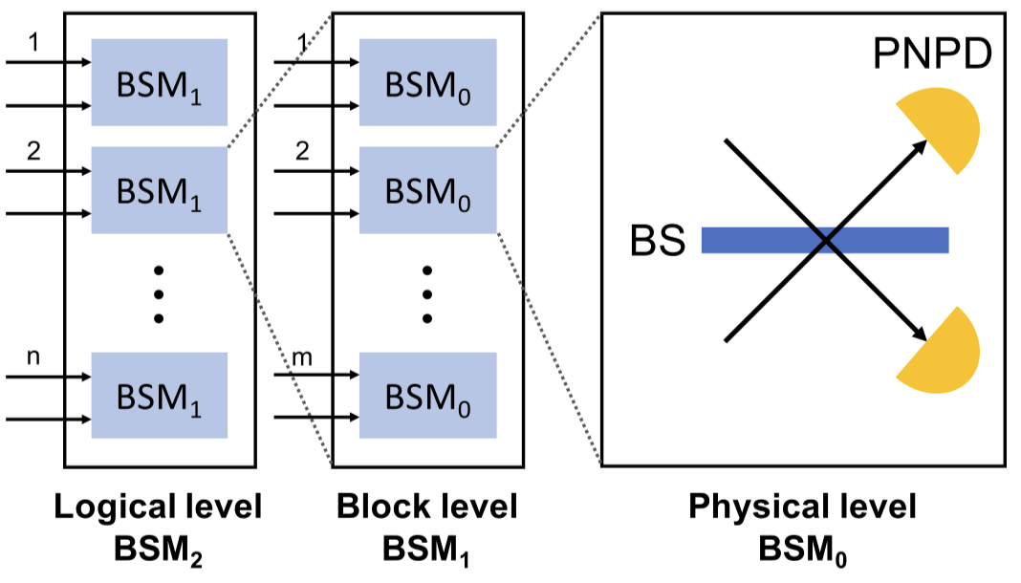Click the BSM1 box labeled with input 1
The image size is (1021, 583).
tap(160, 82)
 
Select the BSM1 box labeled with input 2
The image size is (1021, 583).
tap(160, 190)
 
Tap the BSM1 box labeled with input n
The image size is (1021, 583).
tap(160, 396)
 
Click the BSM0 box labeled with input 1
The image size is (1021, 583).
tap(427, 82)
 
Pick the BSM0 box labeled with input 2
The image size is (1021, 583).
tap(427, 190)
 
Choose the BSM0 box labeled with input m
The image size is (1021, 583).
tap(427, 396)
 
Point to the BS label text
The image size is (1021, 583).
tap(658, 241)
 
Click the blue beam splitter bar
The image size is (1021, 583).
tap(824, 240)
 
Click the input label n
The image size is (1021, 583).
tap(33, 359)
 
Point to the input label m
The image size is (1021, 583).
tap(301, 359)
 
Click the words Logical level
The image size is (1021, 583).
tap(160, 507)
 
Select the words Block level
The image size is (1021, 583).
tap(426, 507)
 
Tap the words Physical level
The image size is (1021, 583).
tap(802, 507)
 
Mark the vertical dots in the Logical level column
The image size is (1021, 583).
tap(159, 292)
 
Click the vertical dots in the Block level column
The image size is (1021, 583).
tap(427, 292)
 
